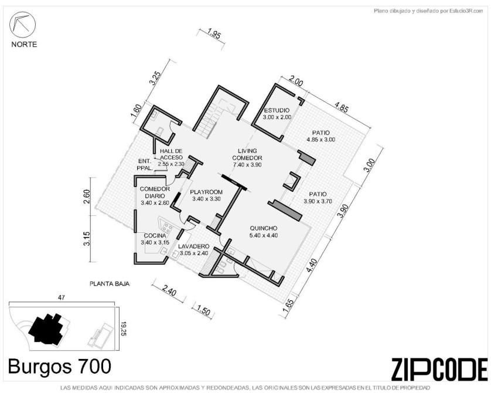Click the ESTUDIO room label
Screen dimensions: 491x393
pyautogui.click(x=277, y=110)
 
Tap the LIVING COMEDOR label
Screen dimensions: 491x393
pyautogui.click(x=247, y=154)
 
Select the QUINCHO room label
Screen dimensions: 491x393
pyautogui.click(x=263, y=228)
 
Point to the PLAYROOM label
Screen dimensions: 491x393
pyautogui.click(x=206, y=192)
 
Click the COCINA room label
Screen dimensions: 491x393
pyautogui.click(x=155, y=236)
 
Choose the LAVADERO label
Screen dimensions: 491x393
pyautogui.click(x=194, y=246)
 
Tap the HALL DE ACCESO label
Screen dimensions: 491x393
pyautogui.click(x=171, y=154)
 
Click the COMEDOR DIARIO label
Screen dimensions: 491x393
pyautogui.click(x=155, y=192)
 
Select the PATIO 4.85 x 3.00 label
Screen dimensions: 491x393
pyautogui.click(x=321, y=136)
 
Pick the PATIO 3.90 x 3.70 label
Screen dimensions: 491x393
pyautogui.click(x=318, y=198)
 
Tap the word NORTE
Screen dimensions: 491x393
pyautogui.click(x=24, y=45)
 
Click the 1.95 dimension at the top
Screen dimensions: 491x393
pyautogui.click(x=214, y=33)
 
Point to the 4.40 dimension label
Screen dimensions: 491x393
pyautogui.click(x=313, y=266)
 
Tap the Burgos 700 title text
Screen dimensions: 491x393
pyautogui.click(x=59, y=366)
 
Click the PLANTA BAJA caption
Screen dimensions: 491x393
pyautogui.click(x=110, y=284)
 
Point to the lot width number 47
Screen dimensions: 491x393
pyautogui.click(x=62, y=298)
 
